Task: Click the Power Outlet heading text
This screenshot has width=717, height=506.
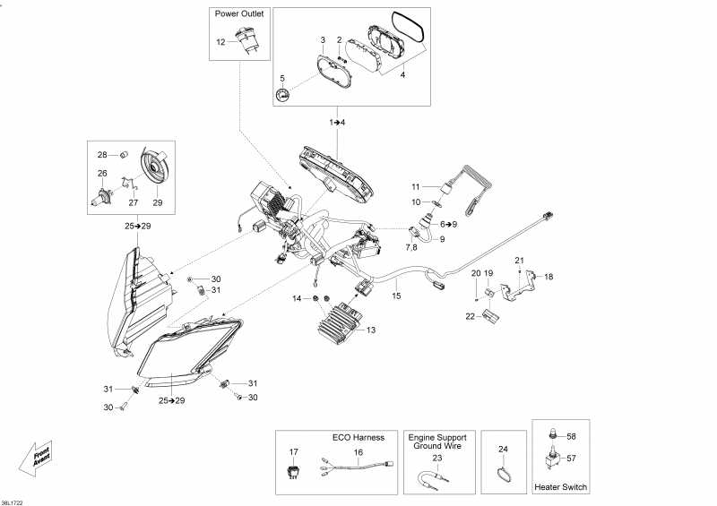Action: coord(238,14)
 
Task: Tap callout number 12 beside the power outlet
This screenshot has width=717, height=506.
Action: coord(220,42)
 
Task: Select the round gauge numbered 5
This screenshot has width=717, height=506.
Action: coord(283,96)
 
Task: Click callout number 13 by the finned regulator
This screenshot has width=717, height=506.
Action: coord(371,330)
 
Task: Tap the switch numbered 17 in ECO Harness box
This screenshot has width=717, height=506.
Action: coord(294,475)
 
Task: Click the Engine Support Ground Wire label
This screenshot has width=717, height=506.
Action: coord(437,442)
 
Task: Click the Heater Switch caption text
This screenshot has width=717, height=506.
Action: coord(561,487)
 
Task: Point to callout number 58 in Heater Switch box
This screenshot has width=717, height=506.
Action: coord(572,436)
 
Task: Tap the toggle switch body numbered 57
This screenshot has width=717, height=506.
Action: coord(554,460)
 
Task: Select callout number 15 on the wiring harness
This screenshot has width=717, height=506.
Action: coord(396,295)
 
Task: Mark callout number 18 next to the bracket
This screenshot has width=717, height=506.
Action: coord(549,278)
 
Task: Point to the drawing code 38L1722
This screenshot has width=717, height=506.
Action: coord(13,502)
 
